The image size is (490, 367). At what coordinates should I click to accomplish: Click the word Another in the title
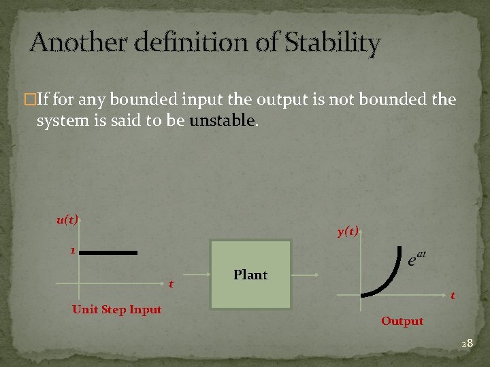pyautogui.click(x=72, y=43)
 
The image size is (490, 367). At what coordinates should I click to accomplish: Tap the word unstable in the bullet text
pyautogui.click(x=223, y=121)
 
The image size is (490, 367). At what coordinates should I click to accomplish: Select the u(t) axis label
pyautogui.click(x=67, y=220)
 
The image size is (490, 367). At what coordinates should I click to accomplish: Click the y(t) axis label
pyautogui.click(x=348, y=231)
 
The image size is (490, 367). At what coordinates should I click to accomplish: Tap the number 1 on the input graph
pyautogui.click(x=72, y=251)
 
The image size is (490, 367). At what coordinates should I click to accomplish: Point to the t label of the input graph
pyautogui.click(x=171, y=283)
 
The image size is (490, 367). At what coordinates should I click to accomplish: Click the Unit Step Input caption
pyautogui.click(x=116, y=310)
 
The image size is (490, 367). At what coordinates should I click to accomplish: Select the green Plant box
pyautogui.click(x=250, y=275)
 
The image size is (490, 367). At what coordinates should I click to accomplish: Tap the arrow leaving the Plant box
pyautogui.click(x=305, y=275)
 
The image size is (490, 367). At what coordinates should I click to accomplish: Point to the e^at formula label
pyautogui.click(x=416, y=258)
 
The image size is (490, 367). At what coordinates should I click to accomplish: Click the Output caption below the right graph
pyautogui.click(x=402, y=321)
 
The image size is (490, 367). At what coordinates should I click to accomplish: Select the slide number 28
pyautogui.click(x=466, y=344)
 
